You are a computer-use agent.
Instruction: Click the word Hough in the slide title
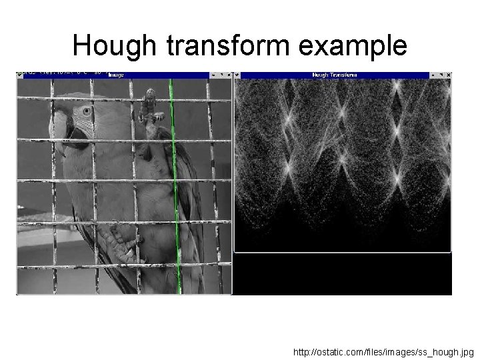(x=113, y=45)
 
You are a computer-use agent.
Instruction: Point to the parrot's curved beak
(x=59, y=126)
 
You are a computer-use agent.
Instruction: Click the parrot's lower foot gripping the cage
(x=122, y=246)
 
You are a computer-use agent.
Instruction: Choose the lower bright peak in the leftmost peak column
(x=289, y=163)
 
